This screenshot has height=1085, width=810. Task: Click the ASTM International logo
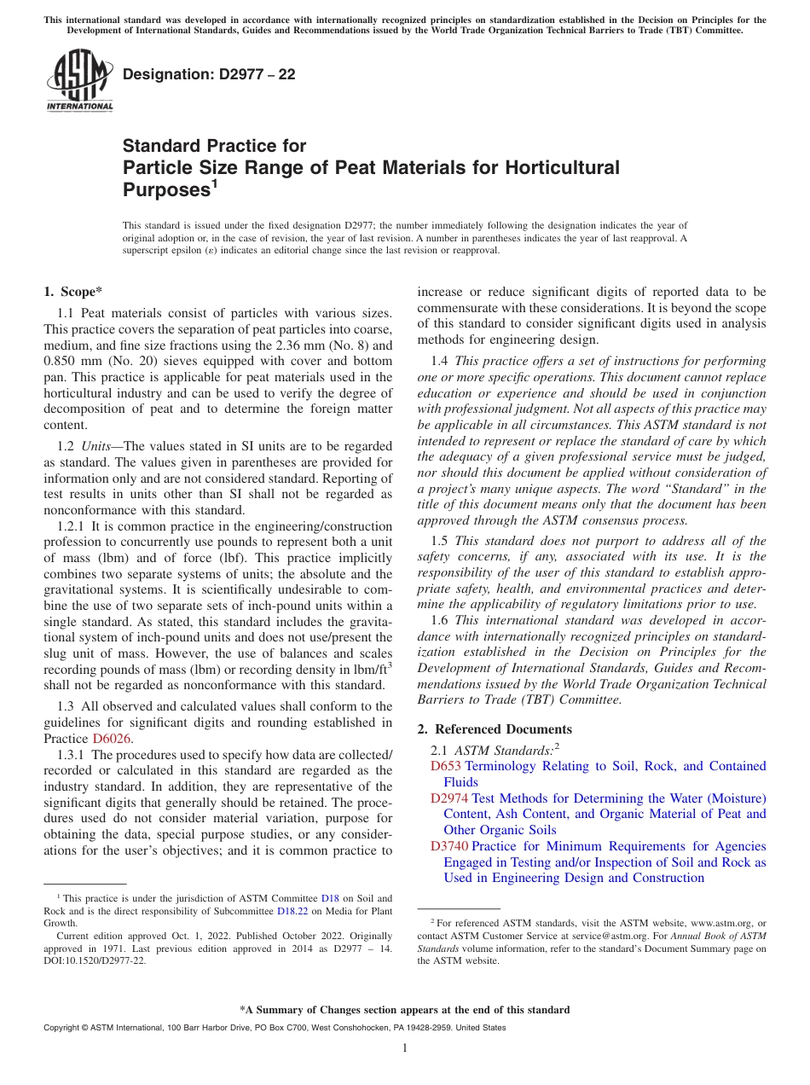click(x=78, y=80)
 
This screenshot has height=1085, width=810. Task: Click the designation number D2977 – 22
click(x=209, y=75)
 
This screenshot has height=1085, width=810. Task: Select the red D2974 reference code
click(x=449, y=798)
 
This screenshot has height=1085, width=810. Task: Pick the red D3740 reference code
click(x=449, y=846)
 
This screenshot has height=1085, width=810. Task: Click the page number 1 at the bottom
click(x=405, y=1048)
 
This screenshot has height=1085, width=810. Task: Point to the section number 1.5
click(x=440, y=541)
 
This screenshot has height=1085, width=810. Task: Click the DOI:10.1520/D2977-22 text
click(x=95, y=960)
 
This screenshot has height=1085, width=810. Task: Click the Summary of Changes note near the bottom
click(x=405, y=1010)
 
